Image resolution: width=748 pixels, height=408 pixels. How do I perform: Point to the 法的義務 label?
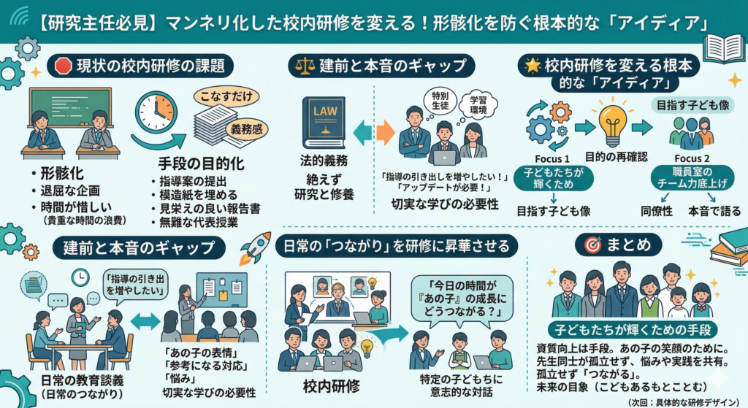point(324,160)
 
